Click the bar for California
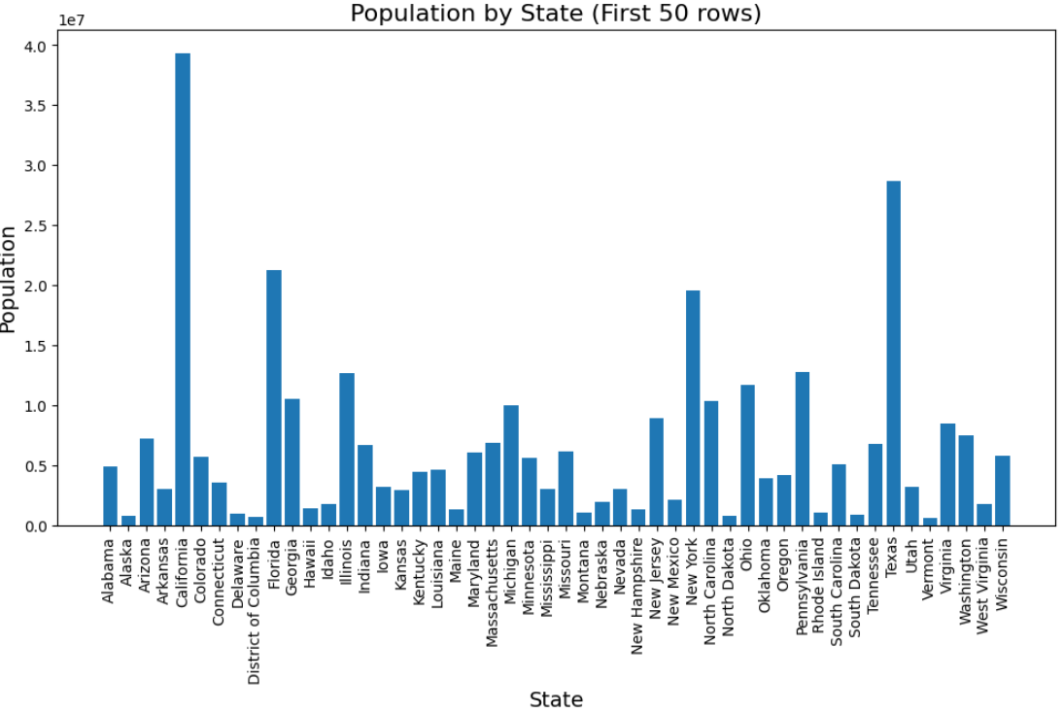(183, 289)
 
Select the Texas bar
(894, 354)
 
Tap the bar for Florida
(274, 398)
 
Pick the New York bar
(693, 408)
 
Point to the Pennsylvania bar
(802, 449)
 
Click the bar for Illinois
(347, 450)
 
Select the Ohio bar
(747, 456)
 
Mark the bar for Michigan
(510, 465)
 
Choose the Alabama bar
(110, 496)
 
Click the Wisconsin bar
(1003, 491)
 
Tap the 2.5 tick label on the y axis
(35, 225)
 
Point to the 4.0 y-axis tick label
(35, 46)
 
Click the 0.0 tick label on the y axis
(35, 526)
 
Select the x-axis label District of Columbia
(254, 611)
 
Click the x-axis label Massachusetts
(493, 593)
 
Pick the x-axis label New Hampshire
(636, 596)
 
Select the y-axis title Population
(8, 279)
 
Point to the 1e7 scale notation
(71, 20)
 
